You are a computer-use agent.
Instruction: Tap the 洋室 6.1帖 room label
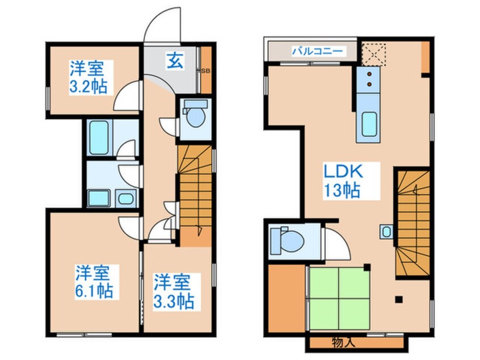pyautogui.click(x=94, y=282)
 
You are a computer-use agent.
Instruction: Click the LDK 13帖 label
pyautogui.click(x=343, y=179)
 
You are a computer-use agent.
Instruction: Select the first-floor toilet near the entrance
pyautogui.click(x=195, y=118)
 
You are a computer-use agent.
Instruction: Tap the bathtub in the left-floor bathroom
pyautogui.click(x=99, y=137)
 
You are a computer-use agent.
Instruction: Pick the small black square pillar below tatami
pyautogui.click(x=398, y=299)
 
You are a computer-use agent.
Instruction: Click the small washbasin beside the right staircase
pyautogui.click(x=386, y=231)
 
